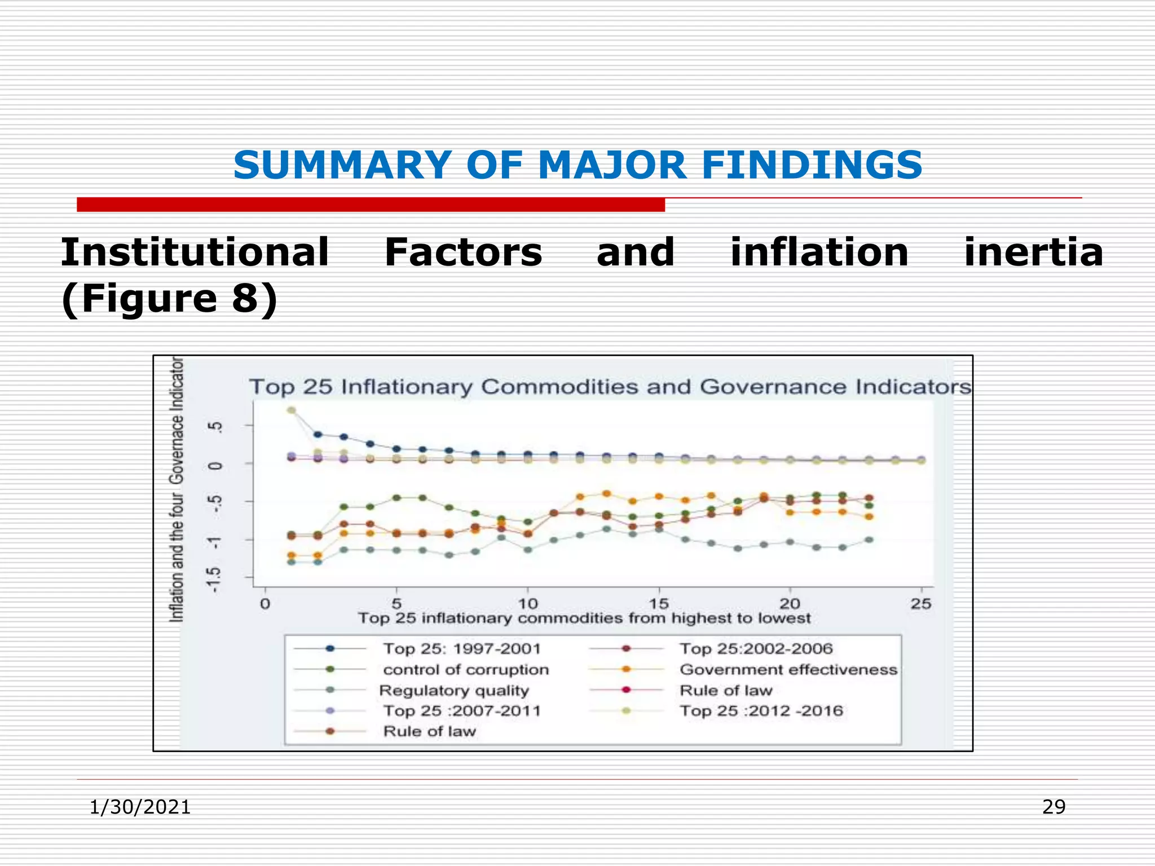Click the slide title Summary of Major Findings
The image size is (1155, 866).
pos(577,165)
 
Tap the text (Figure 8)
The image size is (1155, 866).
pos(169,298)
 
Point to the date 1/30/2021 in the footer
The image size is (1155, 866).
pos(140,807)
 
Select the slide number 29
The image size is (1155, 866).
pos(1053,807)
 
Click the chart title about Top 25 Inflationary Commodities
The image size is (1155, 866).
pos(610,387)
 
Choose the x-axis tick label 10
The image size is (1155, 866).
pos(527,604)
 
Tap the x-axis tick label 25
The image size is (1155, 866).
pos(921,604)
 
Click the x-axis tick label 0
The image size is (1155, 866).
pos(265,604)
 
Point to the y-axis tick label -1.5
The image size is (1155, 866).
pos(214,579)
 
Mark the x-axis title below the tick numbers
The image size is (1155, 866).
pos(584,618)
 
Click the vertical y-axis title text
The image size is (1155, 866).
pos(177,489)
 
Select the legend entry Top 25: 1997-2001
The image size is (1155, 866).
pos(461,649)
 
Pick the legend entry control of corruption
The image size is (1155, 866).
pos(466,670)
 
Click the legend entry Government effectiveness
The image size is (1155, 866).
pos(788,670)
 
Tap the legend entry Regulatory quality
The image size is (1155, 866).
pos(454,691)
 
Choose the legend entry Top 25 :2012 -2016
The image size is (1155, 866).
pos(761,711)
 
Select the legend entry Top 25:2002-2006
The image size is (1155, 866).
pos(756,649)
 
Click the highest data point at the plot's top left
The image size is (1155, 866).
pos(292,410)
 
